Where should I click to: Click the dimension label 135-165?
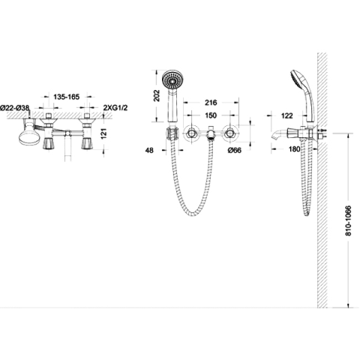[67, 97]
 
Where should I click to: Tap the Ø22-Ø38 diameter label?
[15, 108]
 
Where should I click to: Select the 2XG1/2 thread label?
[115, 108]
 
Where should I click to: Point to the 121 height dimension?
[104, 133]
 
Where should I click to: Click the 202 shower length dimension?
[157, 95]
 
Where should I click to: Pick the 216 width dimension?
[211, 103]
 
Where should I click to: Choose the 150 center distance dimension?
[211, 115]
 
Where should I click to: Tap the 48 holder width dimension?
[149, 150]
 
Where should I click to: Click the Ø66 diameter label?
[235, 150]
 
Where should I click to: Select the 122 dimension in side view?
[286, 115]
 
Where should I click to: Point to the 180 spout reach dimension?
[294, 149]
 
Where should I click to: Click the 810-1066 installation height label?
[348, 220]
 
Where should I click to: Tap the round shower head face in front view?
[172, 79]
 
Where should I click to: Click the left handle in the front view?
[191, 134]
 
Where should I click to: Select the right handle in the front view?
[229, 134]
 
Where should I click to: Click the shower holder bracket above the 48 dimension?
[172, 133]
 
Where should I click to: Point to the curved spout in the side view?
[278, 136]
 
